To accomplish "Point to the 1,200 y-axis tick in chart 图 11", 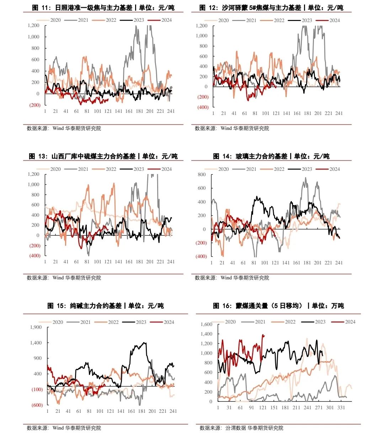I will (33, 26).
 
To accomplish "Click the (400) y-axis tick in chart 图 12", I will (203, 107).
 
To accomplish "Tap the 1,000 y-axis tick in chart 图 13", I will (33, 184).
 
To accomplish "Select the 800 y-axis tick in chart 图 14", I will (202, 174).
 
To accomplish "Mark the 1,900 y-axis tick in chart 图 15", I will (36, 327).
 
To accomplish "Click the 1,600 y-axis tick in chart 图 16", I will (206, 324).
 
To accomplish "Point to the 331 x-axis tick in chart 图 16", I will (341, 407).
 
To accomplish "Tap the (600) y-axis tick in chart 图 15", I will (37, 405).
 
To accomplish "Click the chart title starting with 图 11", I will (103, 7).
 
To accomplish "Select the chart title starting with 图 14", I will (271, 156).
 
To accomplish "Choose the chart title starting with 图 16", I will (278, 306).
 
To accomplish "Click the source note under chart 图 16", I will (241, 428).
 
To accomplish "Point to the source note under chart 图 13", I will (64, 278).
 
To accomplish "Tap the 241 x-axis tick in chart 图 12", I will (339, 113).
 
